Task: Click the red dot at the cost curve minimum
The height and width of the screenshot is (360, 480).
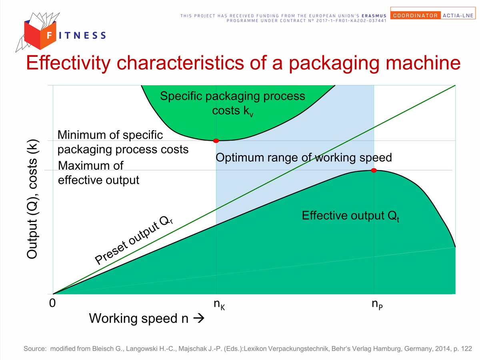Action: click(x=216, y=140)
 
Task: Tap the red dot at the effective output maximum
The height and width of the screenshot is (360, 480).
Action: click(x=374, y=170)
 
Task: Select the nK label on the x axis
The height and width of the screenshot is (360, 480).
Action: click(x=219, y=304)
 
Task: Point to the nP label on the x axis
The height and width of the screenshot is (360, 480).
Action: click(x=377, y=304)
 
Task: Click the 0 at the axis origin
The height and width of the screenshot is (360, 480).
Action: click(x=52, y=303)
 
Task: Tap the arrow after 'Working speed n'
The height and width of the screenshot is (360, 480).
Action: click(x=199, y=318)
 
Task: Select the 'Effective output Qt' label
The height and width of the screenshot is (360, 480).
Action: click(x=350, y=216)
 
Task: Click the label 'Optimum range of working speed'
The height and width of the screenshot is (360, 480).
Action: click(x=304, y=158)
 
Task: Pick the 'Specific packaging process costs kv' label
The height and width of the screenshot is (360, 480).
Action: click(x=232, y=103)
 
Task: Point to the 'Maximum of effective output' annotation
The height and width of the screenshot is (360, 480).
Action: click(x=98, y=173)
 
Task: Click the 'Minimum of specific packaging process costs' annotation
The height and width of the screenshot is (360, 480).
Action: click(x=123, y=142)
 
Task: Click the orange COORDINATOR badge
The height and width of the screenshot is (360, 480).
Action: click(x=416, y=15)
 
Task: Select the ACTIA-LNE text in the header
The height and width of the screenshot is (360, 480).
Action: click(x=458, y=16)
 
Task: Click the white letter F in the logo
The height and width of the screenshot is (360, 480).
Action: click(x=50, y=35)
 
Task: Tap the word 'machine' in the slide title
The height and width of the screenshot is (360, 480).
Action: click(x=423, y=63)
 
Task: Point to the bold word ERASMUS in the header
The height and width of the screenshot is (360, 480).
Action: click(x=374, y=16)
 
